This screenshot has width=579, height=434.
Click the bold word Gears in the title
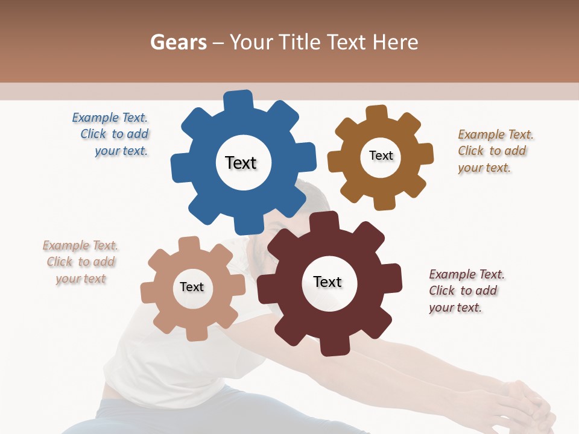click(178, 42)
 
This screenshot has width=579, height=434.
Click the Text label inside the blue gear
click(241, 163)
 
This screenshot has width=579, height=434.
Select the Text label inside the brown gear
click(381, 156)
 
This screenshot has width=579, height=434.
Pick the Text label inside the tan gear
click(192, 287)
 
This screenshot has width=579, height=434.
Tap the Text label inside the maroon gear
click(327, 281)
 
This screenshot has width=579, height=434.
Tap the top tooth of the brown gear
click(376, 113)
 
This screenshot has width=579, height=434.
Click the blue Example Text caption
click(111, 134)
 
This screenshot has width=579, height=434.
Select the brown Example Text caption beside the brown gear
click(495, 151)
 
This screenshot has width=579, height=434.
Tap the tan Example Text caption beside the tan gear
click(80, 262)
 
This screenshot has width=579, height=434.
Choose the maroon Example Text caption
click(466, 291)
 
